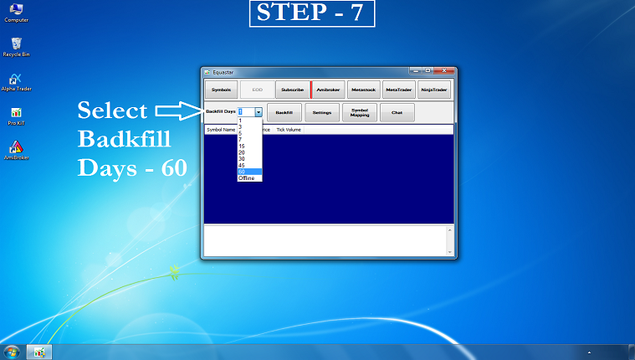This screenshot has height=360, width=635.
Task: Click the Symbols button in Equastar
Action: (222, 89)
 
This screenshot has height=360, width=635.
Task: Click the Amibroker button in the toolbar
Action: (328, 89)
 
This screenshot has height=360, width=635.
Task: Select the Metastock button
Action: (364, 89)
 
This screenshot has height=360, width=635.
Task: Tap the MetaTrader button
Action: (399, 89)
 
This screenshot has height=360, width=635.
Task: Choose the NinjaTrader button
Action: (434, 89)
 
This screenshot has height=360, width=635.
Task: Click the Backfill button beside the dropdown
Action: (284, 112)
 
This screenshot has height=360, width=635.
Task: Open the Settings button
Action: (322, 112)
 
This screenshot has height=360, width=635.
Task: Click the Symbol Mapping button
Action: (360, 112)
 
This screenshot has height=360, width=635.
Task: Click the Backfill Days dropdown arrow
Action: (259, 111)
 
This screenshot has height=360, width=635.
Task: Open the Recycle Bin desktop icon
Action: (16, 45)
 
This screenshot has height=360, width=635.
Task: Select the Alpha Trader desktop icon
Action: (16, 80)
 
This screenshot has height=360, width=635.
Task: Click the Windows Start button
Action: (12, 352)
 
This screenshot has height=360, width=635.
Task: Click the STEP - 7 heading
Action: (311, 13)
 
